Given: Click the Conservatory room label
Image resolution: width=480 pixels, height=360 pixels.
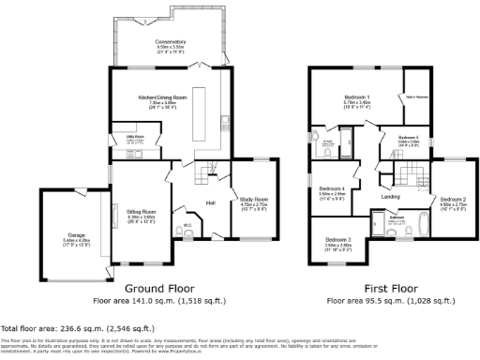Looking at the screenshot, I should point(172,41).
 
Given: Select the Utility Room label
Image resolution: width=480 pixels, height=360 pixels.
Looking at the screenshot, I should point(123,138).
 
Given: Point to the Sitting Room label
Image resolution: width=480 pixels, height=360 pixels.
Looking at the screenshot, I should point(142,213).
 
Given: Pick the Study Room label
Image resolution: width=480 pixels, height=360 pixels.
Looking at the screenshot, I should point(254,199).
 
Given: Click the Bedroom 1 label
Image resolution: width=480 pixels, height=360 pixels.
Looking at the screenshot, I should point(356,98).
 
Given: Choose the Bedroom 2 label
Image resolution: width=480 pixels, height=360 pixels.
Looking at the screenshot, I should point(454,199).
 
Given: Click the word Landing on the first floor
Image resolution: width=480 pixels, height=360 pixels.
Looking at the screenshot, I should point(391,196).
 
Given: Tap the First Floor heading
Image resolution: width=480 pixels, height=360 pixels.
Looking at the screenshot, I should point(391,289).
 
